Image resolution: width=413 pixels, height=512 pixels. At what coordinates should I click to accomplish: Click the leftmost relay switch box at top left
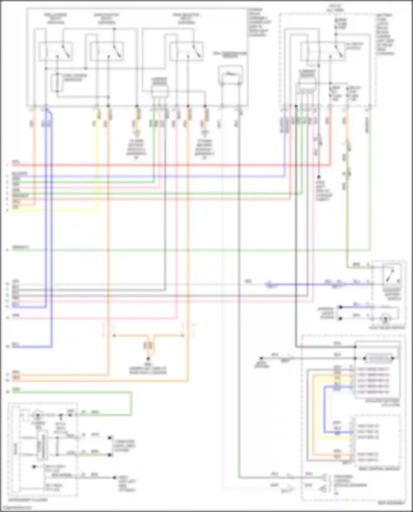[x=56, y=51]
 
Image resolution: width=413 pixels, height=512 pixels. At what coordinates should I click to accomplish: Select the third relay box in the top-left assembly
[x=187, y=51]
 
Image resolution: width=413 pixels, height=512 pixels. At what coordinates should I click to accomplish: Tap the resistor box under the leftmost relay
[x=58, y=83]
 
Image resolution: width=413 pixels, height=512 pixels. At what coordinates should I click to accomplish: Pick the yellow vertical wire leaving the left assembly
[x=97, y=165]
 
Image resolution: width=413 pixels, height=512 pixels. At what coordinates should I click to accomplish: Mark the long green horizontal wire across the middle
[x=193, y=250]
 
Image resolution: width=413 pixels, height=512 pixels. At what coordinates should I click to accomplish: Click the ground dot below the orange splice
[x=148, y=358]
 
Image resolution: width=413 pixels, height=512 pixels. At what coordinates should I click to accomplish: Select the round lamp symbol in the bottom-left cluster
[x=37, y=415]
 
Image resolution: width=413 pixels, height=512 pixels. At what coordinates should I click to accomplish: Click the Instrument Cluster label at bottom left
[x=28, y=500]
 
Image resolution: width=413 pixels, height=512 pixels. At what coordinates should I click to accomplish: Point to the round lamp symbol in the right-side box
[x=385, y=319]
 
